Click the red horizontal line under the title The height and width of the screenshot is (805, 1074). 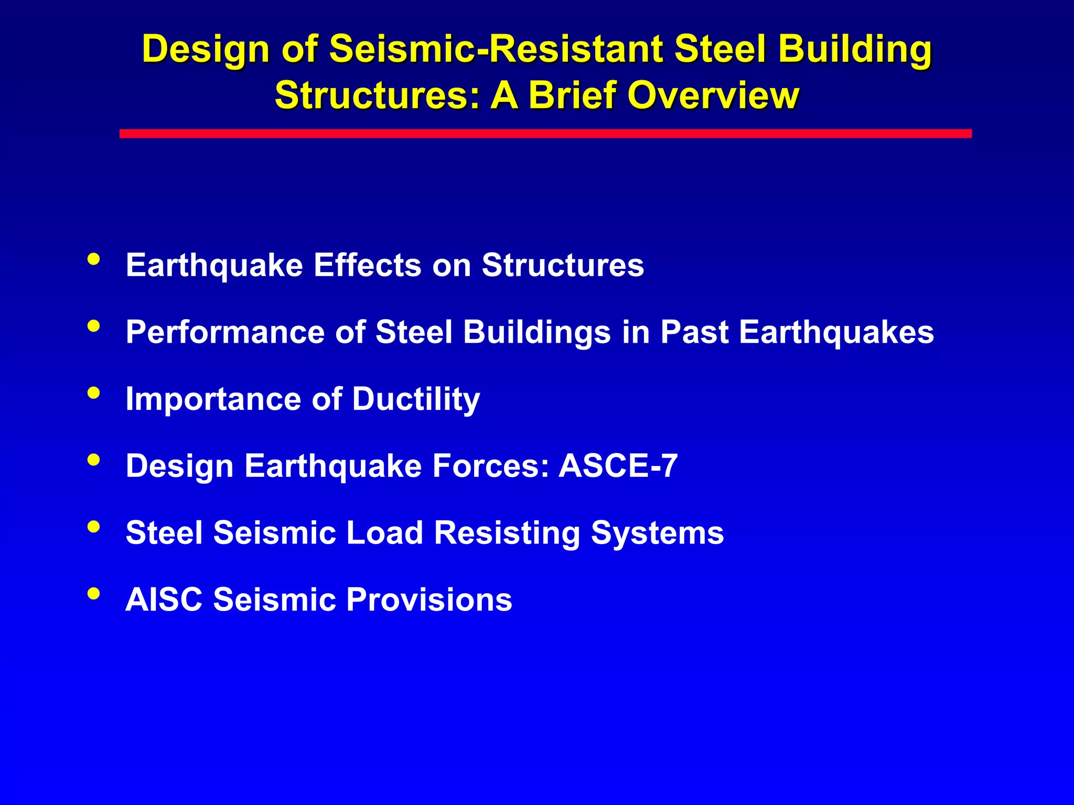[545, 134]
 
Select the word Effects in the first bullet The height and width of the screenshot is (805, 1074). [368, 265]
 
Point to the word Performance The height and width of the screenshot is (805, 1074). [225, 332]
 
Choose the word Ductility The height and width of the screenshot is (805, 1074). [416, 400]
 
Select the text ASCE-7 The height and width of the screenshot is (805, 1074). [618, 466]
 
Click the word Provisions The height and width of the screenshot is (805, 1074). [429, 600]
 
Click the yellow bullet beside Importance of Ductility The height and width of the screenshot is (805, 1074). [94, 393]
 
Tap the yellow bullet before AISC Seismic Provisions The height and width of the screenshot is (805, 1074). [94, 593]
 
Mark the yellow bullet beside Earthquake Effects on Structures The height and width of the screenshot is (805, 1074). [94, 259]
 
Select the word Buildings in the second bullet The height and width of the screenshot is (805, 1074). [537, 333]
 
